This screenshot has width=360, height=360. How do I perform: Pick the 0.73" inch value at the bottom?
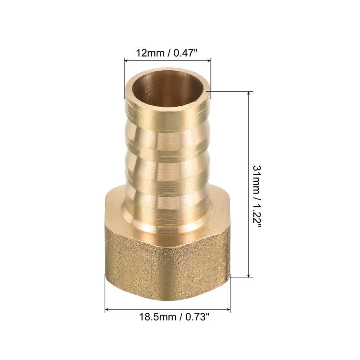coord(196,317)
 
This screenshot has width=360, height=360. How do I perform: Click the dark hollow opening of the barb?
coord(166,86)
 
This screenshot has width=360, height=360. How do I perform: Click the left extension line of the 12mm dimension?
coord(124,76)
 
